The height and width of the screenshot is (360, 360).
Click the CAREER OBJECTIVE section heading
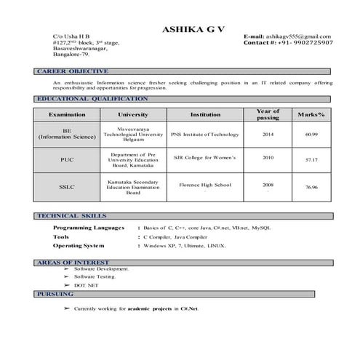tap(73, 71)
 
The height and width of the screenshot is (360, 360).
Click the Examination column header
tap(67, 115)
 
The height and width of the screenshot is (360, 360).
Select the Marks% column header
tap(311, 115)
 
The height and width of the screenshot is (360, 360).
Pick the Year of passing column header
tap(268, 115)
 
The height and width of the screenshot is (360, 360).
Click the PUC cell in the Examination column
tap(67, 159)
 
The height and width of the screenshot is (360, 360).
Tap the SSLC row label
tap(67, 187)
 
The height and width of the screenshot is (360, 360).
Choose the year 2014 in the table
tap(268, 135)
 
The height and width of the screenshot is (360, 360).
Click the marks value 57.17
tap(311, 159)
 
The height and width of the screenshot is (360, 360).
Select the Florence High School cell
tap(205, 185)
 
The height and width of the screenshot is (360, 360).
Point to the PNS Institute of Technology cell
tap(205, 135)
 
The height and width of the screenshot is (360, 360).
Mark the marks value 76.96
tap(312, 188)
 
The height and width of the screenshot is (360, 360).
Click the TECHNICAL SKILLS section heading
tap(72, 216)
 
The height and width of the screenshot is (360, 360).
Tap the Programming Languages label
tap(92, 228)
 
